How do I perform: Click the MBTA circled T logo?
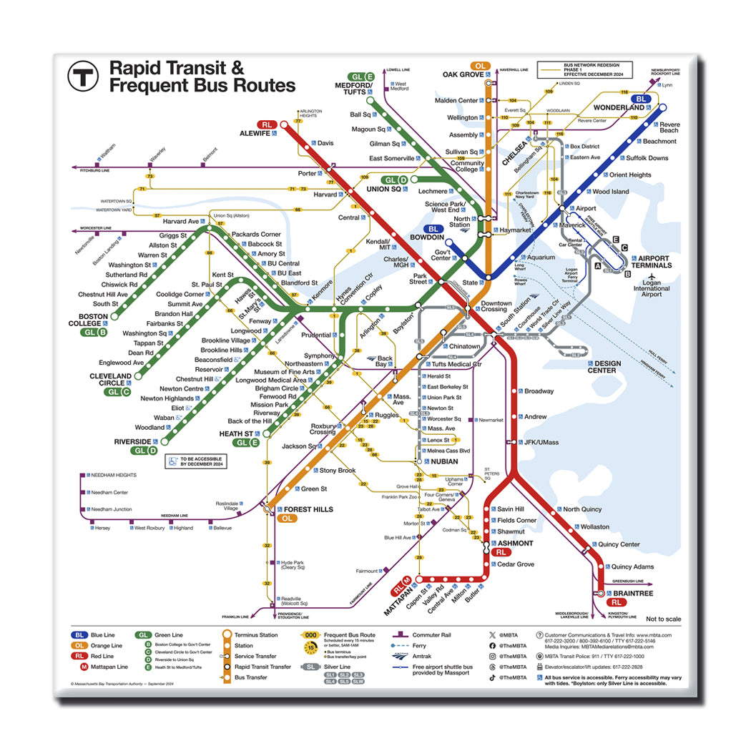point(82,76)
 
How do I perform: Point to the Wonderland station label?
point(619,108)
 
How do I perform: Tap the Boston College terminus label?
point(94,320)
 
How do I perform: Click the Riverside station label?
point(132,442)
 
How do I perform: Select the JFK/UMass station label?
point(541,442)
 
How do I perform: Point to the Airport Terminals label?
point(654,262)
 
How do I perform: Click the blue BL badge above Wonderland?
point(642,99)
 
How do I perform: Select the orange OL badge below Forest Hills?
point(288,519)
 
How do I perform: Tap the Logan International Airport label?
point(651,289)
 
